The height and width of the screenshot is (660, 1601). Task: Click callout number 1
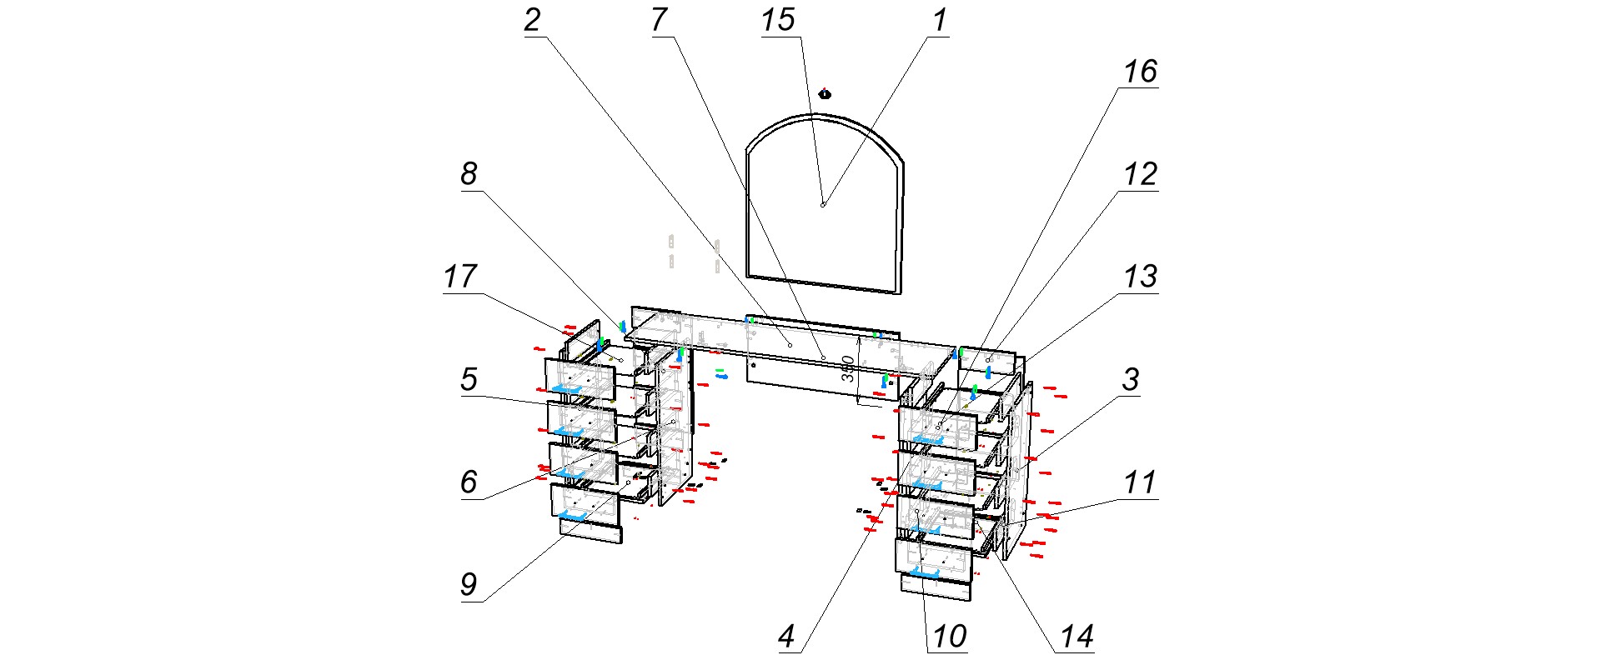941,20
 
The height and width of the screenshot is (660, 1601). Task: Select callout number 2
533,20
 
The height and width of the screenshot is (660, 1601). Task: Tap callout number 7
660,20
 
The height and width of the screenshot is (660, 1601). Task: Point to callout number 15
778,20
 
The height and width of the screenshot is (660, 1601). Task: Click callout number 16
1140,72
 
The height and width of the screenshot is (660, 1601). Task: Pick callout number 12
1140,174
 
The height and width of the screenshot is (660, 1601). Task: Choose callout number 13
1140,276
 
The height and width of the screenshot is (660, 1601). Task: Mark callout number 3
1131,380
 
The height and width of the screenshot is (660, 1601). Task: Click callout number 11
1140,482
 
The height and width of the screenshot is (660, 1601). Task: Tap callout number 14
1076,637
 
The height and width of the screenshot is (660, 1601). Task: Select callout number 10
949,637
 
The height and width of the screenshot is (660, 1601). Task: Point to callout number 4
787,637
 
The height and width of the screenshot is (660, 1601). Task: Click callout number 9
469,584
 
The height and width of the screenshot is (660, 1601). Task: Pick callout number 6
469,482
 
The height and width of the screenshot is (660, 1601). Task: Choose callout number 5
469,379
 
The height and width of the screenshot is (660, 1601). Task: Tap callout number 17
460,276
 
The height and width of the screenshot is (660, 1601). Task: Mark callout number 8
469,174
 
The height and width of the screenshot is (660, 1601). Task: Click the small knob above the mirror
825,93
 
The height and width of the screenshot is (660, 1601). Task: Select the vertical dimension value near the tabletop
847,369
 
